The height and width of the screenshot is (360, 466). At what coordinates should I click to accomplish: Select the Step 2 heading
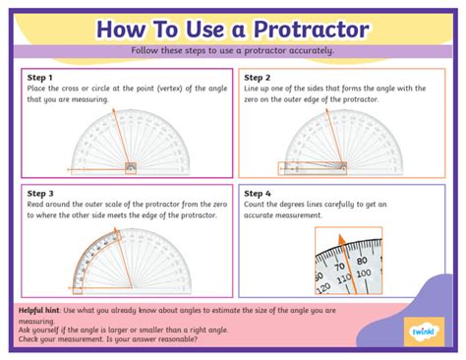click(x=259, y=76)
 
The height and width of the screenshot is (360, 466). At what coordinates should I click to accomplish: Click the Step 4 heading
click(x=259, y=194)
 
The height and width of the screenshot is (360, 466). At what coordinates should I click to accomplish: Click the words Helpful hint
click(x=41, y=310)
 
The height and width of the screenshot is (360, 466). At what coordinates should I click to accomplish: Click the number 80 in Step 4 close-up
click(x=361, y=261)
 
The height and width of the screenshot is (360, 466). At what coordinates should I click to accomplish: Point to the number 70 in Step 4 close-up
click(x=337, y=265)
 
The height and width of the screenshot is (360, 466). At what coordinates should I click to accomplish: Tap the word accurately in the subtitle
click(x=311, y=50)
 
